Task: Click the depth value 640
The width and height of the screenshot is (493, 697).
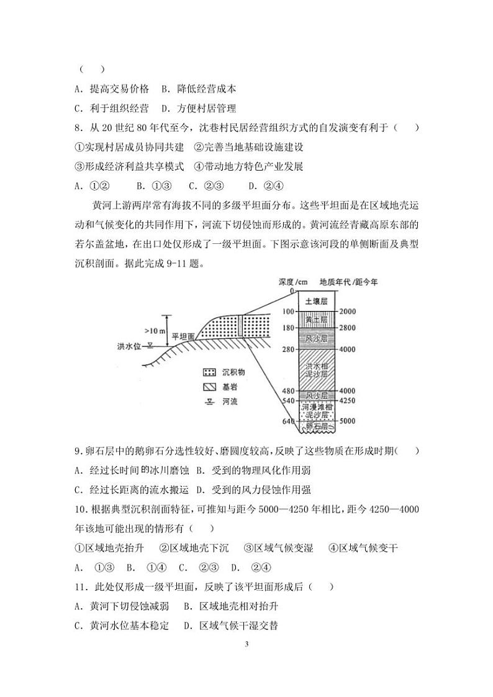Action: pyautogui.click(x=286, y=421)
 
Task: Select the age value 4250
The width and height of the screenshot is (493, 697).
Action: pyautogui.click(x=348, y=401)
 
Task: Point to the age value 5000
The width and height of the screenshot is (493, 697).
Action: pyautogui.click(x=348, y=421)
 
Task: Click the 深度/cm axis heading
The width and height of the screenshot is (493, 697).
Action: pyautogui.click(x=294, y=281)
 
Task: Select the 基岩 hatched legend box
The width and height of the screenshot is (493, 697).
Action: pyautogui.click(x=208, y=386)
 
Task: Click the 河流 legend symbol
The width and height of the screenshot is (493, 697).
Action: pyautogui.click(x=208, y=401)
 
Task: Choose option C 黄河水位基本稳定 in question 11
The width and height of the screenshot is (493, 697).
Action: pyautogui.click(x=122, y=625)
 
